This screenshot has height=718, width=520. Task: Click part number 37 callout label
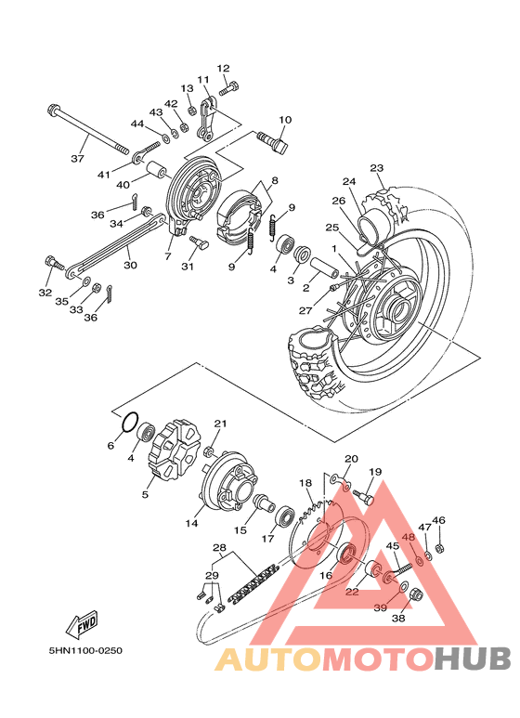pyautogui.click(x=78, y=159)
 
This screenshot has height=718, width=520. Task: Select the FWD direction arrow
pyautogui.click(x=83, y=623)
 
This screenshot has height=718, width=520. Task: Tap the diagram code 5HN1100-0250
pyautogui.click(x=85, y=650)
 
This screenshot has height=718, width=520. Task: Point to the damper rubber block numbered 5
pyautogui.click(x=174, y=450)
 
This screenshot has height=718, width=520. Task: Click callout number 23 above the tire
pyautogui.click(x=377, y=168)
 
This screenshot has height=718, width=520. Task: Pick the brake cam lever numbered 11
pyautogui.click(x=206, y=118)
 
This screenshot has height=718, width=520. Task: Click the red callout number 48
pyautogui.click(x=409, y=537)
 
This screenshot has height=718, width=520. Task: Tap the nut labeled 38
pyautogui.click(x=416, y=594)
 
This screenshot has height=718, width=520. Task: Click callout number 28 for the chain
pyautogui.click(x=220, y=548)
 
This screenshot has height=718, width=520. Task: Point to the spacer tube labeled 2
pyautogui.click(x=325, y=268)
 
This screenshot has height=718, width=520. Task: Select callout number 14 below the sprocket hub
pyautogui.click(x=192, y=522)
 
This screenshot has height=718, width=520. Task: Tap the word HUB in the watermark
pyautogui.click(x=473, y=659)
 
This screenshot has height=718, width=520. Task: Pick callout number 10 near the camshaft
pyautogui.click(x=285, y=120)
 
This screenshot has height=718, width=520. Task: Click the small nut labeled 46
pyautogui.click(x=438, y=548)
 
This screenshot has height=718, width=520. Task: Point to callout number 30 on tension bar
pyautogui.click(x=130, y=265)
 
